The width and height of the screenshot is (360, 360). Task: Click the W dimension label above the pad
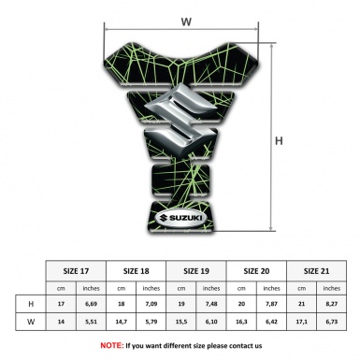pyautogui.click(x=186, y=22)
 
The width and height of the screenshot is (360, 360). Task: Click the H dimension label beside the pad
pyautogui.click(x=279, y=141)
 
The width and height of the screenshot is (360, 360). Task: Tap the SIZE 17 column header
pyautogui.click(x=76, y=271)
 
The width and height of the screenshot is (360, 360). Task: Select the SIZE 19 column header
pyautogui.click(x=196, y=271)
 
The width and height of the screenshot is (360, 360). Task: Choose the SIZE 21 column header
pyautogui.click(x=316, y=271)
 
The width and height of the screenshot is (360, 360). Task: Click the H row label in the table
pyautogui.click(x=31, y=304)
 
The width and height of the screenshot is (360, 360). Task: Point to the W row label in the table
pyautogui.click(x=31, y=322)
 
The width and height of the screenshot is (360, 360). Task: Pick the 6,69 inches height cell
pyautogui.click(x=91, y=304)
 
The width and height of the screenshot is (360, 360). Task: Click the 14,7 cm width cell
pyautogui.click(x=121, y=322)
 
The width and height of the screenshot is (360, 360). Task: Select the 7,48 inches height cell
pyautogui.click(x=211, y=304)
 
